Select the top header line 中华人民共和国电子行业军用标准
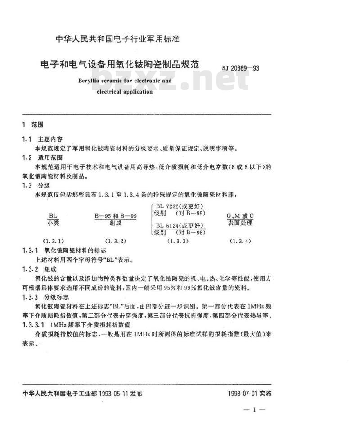coord(117,39)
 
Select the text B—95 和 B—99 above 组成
coord(116,215)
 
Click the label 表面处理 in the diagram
coord(240,223)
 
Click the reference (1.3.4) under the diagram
coord(240,241)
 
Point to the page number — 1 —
coord(255,410)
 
